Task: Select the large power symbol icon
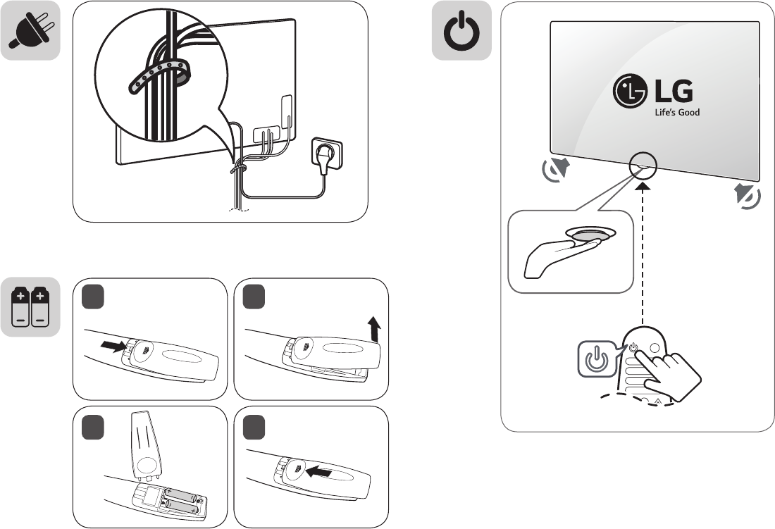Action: click(461, 32)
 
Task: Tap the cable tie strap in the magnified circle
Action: click(159, 77)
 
